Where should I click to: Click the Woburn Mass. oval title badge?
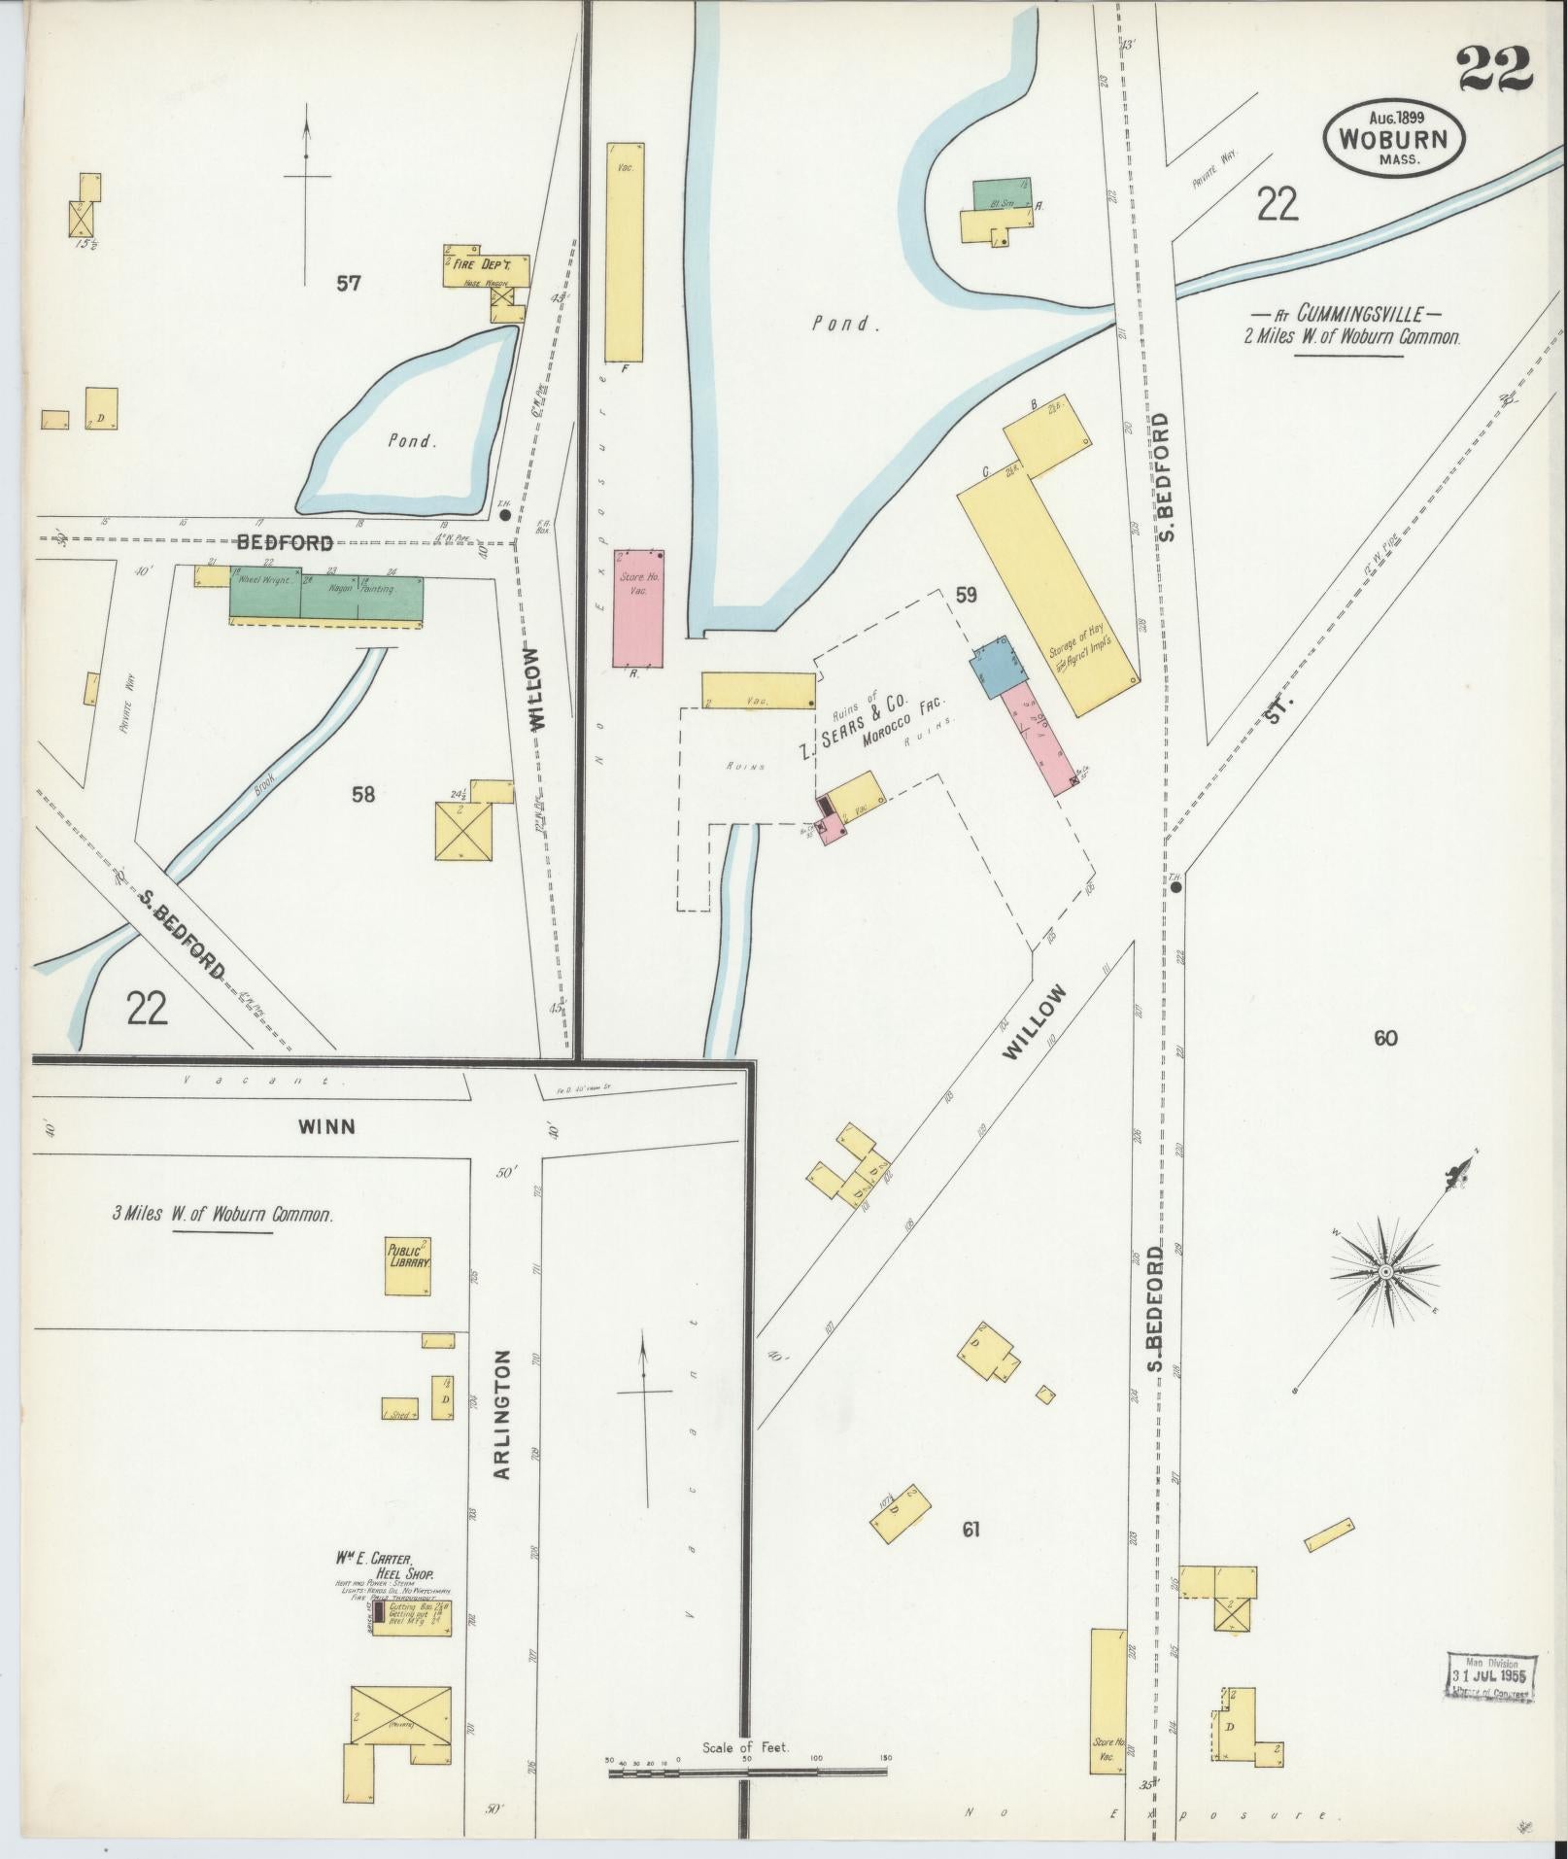click(x=1394, y=140)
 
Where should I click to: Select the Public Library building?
click(x=408, y=1265)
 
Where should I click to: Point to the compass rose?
click(x=1385, y=1272)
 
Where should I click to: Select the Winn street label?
click(x=326, y=1126)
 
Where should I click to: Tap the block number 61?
click(x=970, y=1530)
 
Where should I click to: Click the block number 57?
click(x=349, y=284)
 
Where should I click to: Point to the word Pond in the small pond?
click(x=412, y=440)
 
